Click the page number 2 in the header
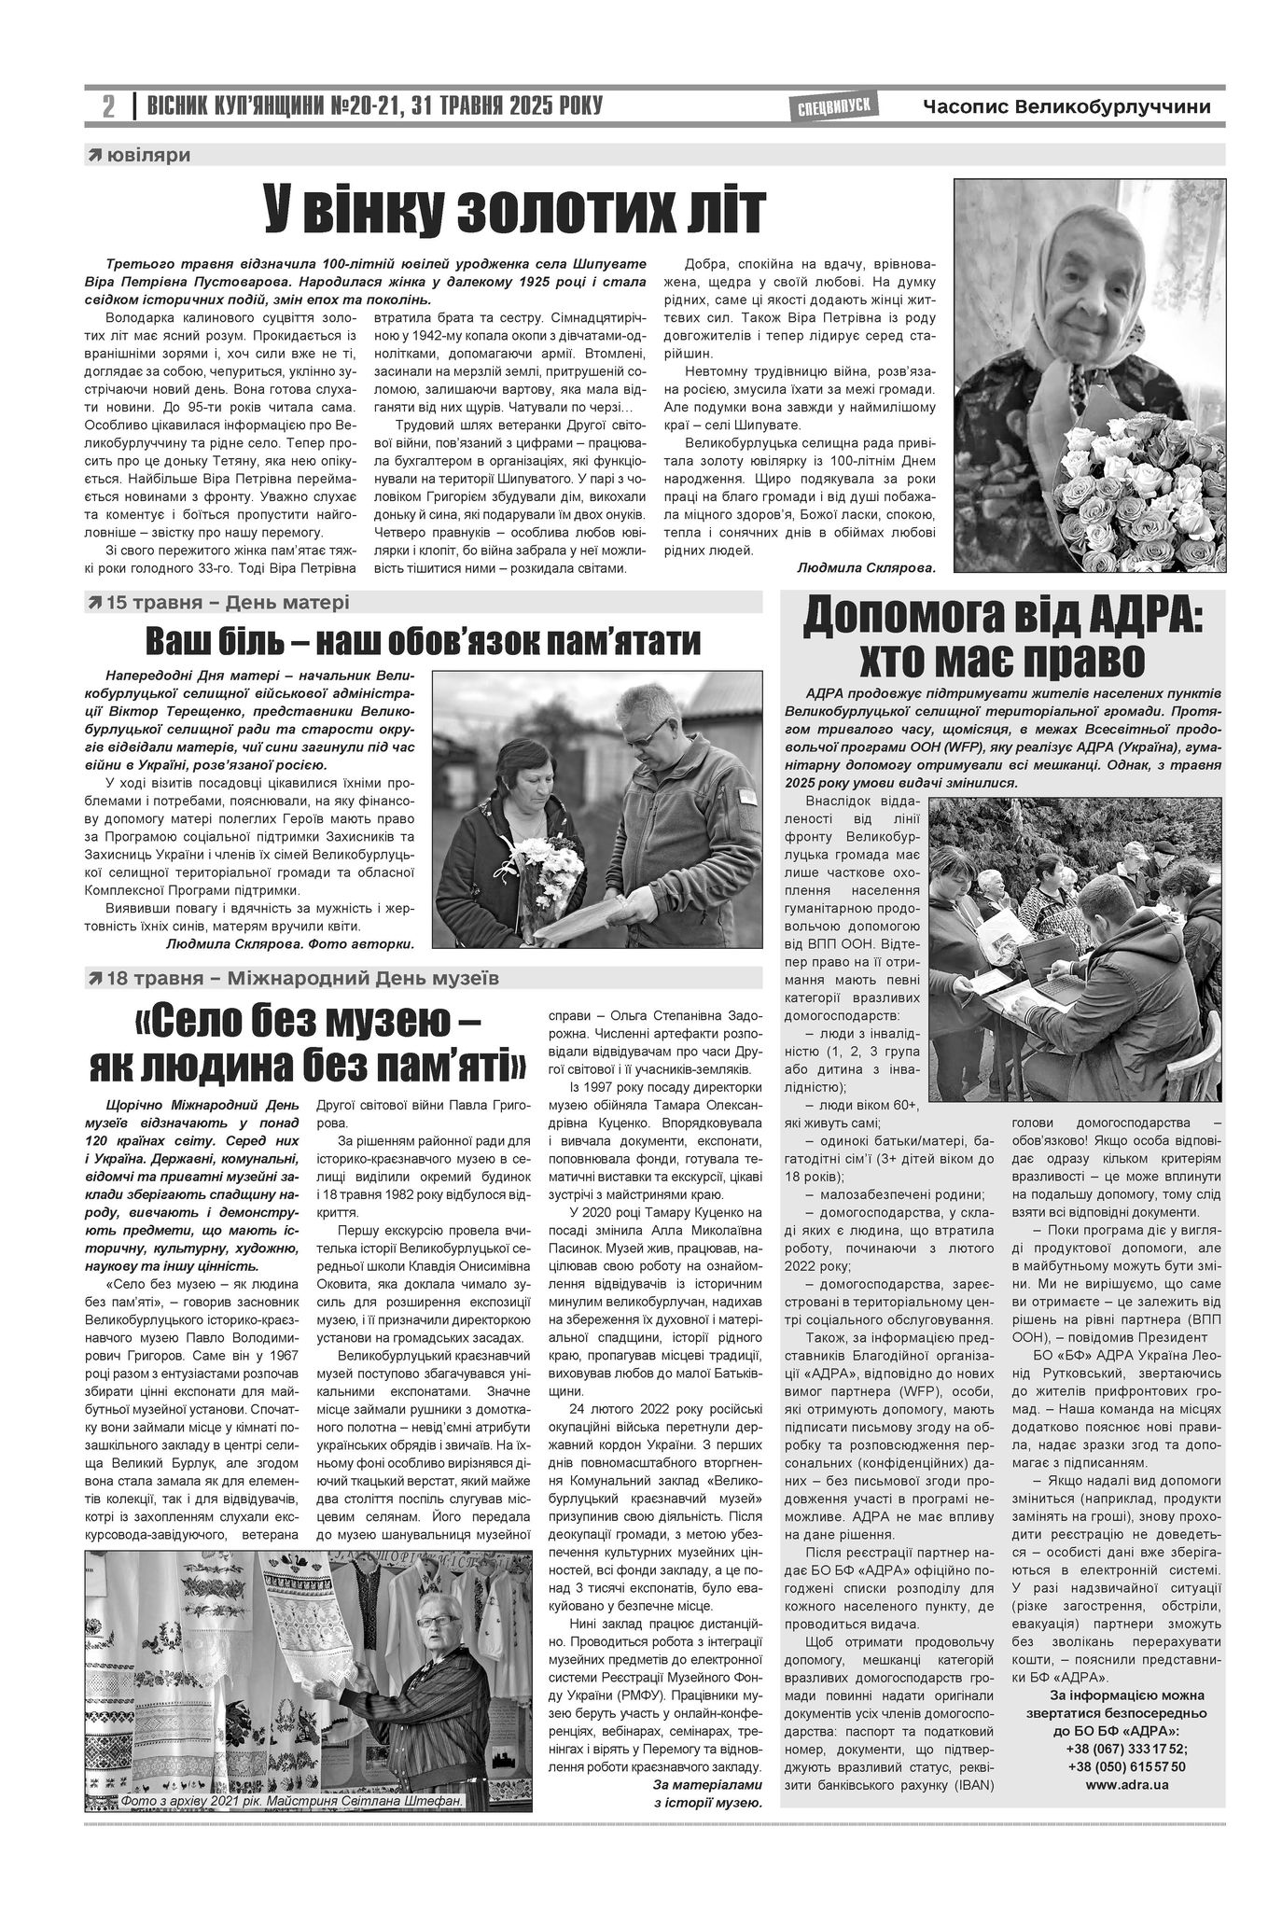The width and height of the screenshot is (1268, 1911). coord(108,107)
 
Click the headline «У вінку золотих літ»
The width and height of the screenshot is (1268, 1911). coord(515,210)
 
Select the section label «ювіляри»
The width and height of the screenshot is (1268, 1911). coord(148,155)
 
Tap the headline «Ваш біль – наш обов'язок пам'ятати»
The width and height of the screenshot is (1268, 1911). coord(423,642)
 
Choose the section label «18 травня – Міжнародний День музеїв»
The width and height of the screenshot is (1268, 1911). coord(302,978)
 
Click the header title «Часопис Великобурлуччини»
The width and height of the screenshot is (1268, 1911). coord(1066,107)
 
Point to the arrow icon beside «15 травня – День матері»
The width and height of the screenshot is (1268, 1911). coord(94,603)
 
